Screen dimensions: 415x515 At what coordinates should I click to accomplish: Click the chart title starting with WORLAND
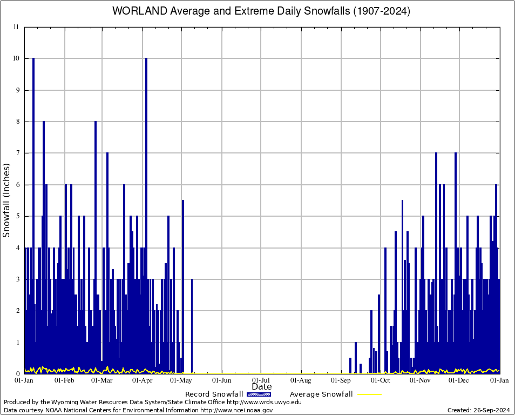(261, 11)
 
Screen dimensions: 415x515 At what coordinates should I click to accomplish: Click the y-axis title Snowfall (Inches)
(6, 200)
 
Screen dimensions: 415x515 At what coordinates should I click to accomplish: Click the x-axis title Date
(262, 386)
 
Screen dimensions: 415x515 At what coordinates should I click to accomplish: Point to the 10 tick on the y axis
(17, 58)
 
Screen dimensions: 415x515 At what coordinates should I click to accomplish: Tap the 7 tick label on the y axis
(17, 153)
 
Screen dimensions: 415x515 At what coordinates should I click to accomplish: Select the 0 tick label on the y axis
(17, 374)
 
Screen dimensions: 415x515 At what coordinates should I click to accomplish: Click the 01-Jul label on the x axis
(261, 380)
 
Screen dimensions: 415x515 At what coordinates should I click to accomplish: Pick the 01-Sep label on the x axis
(341, 380)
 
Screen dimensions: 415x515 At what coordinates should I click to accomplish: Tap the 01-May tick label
(182, 380)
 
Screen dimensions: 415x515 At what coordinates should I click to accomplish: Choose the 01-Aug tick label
(301, 380)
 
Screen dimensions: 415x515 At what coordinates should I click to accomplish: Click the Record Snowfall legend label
(214, 394)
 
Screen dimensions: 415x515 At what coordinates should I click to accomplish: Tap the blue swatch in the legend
(259, 394)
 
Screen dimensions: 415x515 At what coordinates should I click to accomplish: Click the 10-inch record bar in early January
(33, 216)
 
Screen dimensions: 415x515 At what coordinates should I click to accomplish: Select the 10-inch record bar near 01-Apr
(146, 216)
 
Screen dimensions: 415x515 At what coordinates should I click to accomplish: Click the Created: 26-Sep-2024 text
(479, 410)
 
